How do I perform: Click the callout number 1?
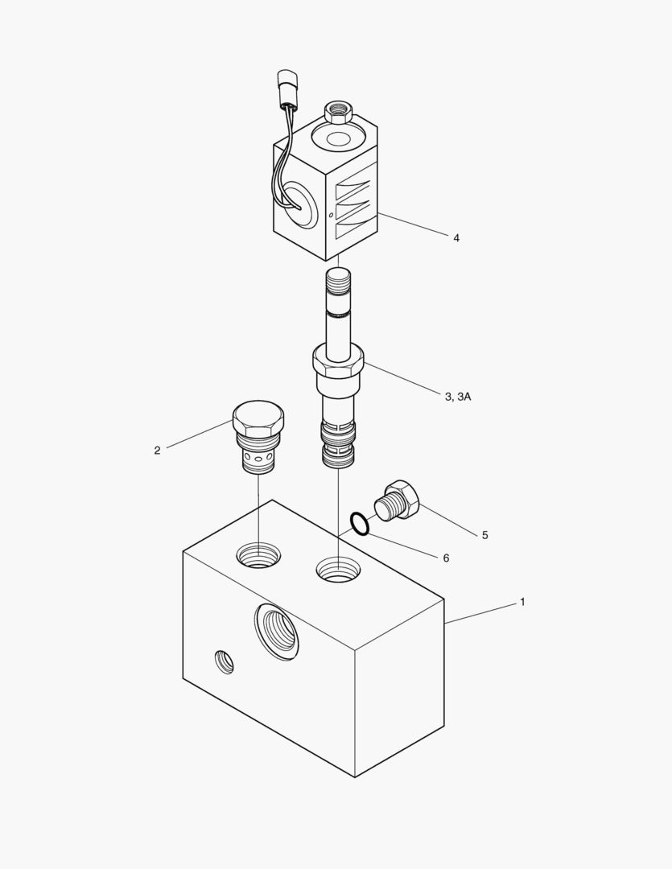click(x=522, y=602)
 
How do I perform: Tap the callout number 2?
click(x=157, y=451)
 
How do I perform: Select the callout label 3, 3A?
click(x=458, y=396)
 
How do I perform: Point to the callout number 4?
click(x=456, y=237)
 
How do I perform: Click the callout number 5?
click(x=484, y=535)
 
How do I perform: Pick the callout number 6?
click(x=446, y=558)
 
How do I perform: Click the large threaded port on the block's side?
click(x=277, y=632)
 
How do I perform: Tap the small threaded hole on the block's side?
click(x=224, y=661)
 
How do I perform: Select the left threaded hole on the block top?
click(x=258, y=554)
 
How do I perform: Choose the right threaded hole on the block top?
click(x=338, y=570)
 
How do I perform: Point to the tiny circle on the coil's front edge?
click(x=331, y=215)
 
